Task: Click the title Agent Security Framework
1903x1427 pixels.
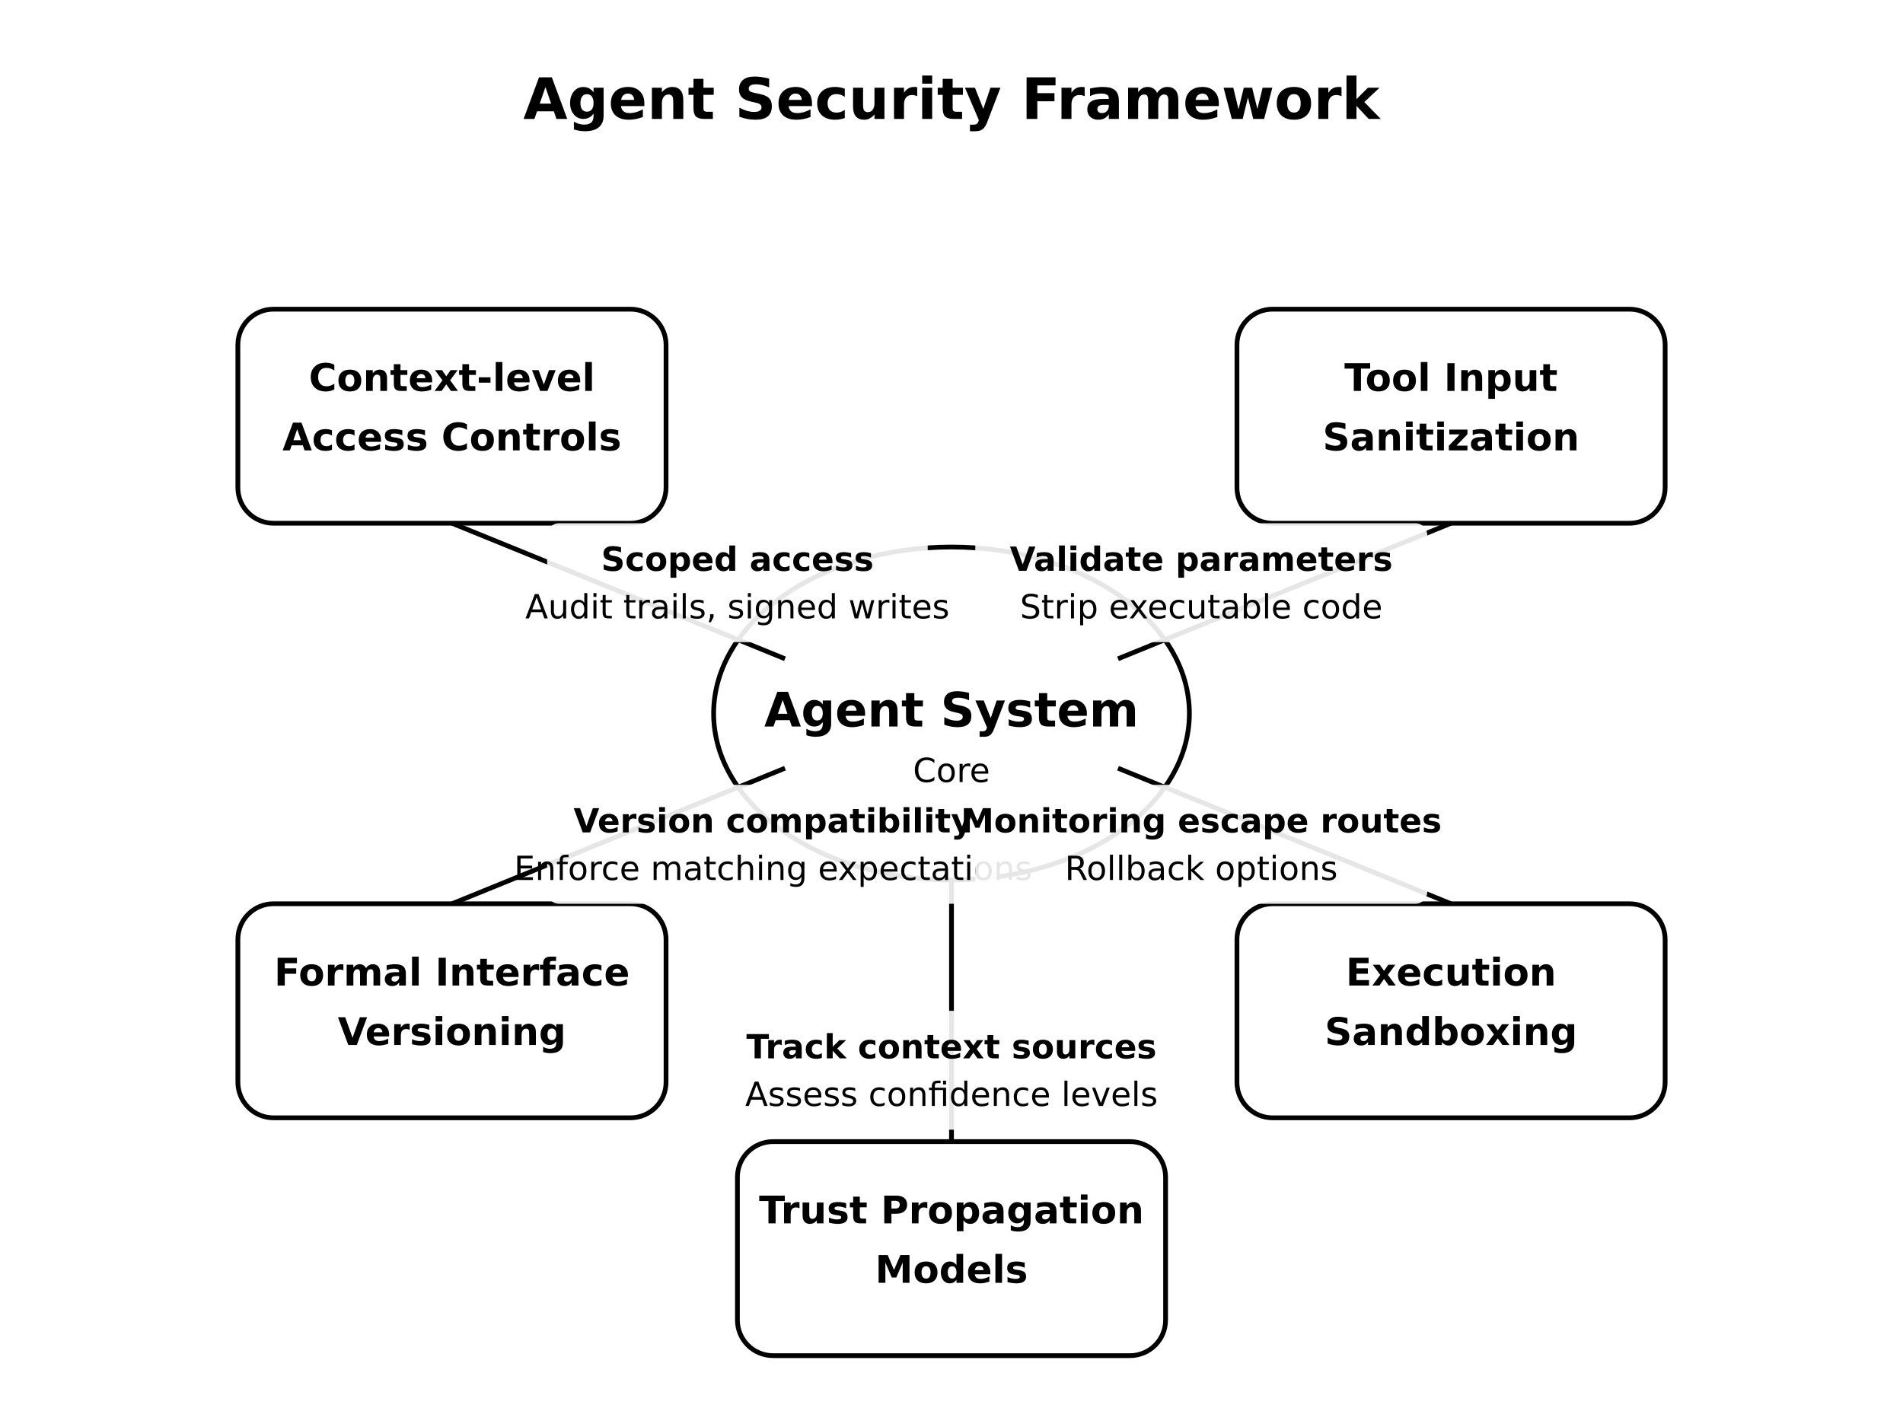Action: pos(951,100)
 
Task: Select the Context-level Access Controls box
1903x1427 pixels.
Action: pos(451,416)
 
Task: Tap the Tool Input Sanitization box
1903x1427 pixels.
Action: pos(1451,416)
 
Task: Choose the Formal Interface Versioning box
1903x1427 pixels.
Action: pos(451,1010)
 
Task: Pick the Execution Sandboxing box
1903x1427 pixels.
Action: pos(1451,1010)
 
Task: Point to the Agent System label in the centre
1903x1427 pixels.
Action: pos(951,711)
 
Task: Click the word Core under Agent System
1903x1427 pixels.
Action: pos(951,771)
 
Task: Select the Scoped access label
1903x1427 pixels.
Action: pos(738,560)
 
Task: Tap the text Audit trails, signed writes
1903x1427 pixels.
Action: pos(738,607)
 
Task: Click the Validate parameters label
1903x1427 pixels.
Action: pos(1200,560)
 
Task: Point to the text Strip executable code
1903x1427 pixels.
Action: pos(1200,607)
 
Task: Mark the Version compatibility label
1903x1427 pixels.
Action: pos(771,821)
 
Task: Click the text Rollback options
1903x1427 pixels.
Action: pos(1200,869)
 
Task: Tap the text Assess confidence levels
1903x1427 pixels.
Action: pos(951,1095)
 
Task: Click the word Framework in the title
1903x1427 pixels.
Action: pos(1201,100)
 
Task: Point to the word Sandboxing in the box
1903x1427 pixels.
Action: pos(1451,1032)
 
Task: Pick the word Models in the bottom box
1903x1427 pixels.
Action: pos(951,1270)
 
